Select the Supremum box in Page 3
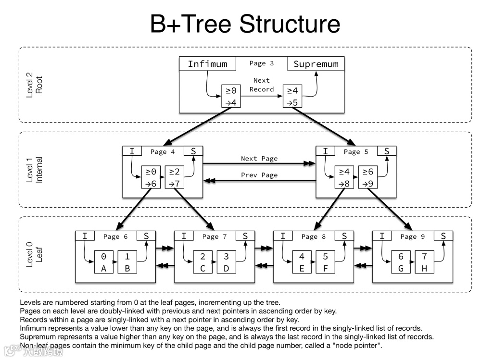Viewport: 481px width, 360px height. coord(316,64)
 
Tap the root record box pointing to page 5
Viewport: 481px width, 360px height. coord(292,96)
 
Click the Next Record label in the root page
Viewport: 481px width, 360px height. coord(262,85)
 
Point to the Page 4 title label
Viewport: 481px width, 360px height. coord(163,152)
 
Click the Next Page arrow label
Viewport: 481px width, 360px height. coord(259,159)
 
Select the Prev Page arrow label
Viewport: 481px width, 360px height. coord(259,175)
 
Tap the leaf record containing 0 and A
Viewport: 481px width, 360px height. coord(103,262)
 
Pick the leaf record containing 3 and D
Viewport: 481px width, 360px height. coord(227,262)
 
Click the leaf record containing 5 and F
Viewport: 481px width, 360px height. coord(326,262)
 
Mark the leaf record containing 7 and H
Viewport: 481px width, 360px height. coord(424,262)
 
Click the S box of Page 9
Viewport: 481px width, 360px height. coord(443,236)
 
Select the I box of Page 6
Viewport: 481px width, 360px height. coord(85,236)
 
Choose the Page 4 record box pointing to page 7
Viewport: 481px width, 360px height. coord(175,177)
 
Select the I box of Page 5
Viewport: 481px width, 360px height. coord(326,151)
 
